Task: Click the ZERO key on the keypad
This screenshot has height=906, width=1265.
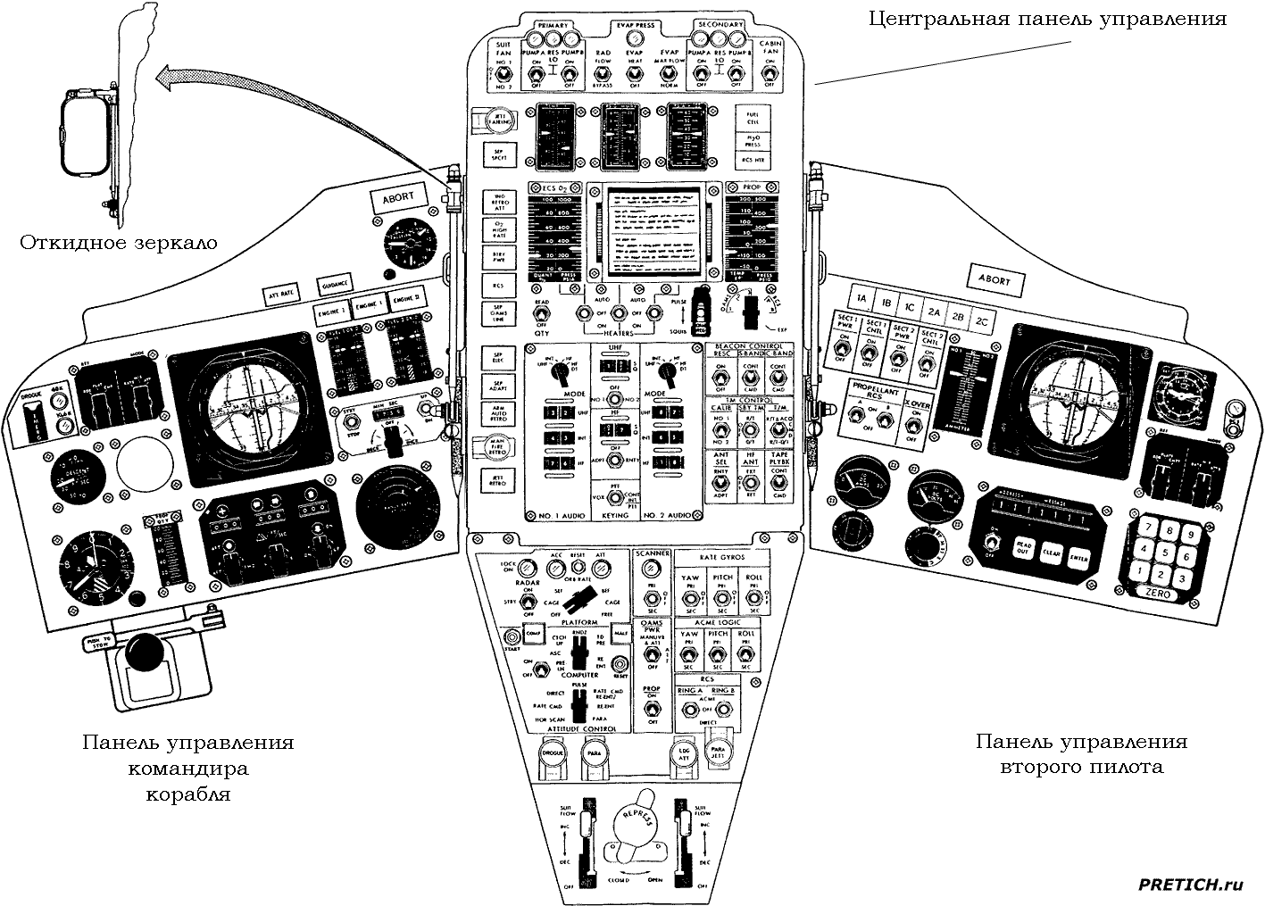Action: pyautogui.click(x=1158, y=594)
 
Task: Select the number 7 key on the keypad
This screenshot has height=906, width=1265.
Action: pyautogui.click(x=1139, y=528)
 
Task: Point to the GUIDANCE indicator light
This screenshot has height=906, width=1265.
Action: pyautogui.click(x=335, y=284)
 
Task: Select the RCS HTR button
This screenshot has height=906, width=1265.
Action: pyautogui.click(x=751, y=160)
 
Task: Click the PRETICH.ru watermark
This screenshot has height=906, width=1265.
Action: pyautogui.click(x=1190, y=884)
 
